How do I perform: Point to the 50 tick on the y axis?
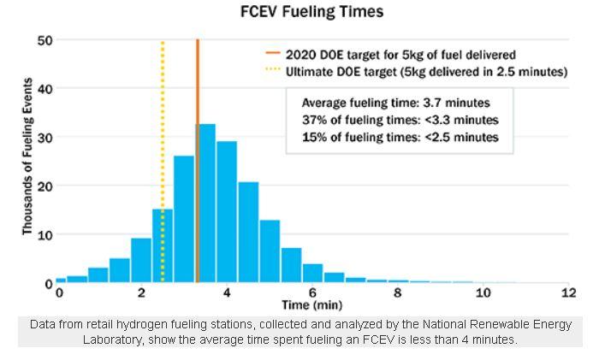[x=44, y=40]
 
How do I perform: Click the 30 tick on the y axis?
[x=44, y=137]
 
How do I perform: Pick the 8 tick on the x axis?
[x=397, y=293]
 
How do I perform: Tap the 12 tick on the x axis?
[x=567, y=293]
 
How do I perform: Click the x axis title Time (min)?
[x=312, y=304]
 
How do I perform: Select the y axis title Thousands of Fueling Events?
[x=27, y=157]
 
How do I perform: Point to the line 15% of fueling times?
[x=400, y=137]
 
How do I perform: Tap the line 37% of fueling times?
[x=400, y=120]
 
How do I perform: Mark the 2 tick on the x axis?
[x=142, y=293]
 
